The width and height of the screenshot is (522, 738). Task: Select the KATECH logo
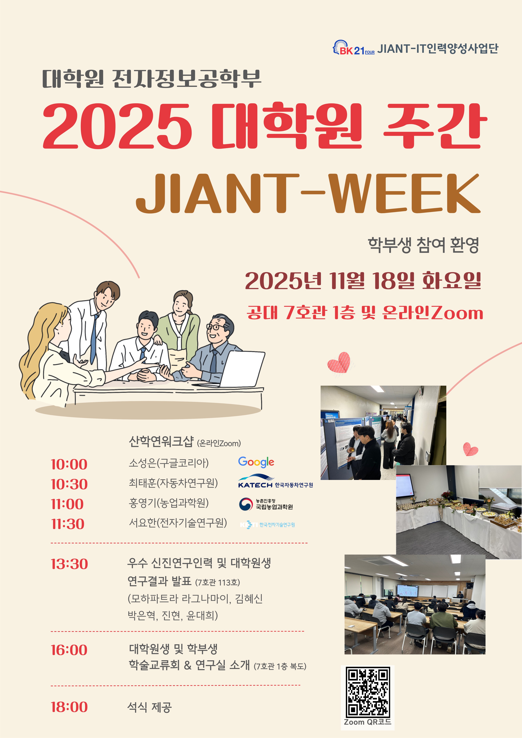click(x=275, y=482)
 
